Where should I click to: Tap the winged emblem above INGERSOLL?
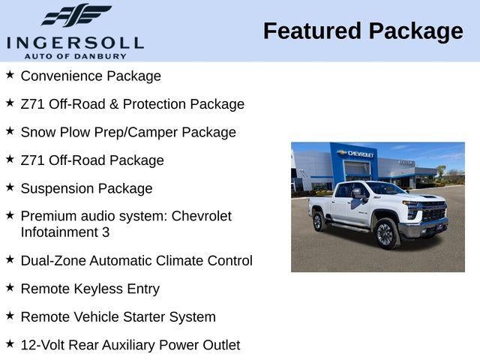(75, 15)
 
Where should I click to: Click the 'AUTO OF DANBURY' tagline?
(74, 56)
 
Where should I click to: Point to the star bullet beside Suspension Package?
(10, 187)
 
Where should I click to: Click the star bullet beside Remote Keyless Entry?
(10, 287)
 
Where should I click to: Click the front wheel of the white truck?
(385, 233)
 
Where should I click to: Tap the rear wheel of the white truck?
(318, 221)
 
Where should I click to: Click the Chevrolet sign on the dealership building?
(356, 154)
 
